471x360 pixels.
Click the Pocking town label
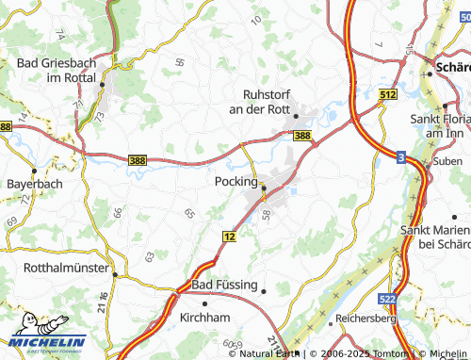[235, 181]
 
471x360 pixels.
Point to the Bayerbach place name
[33, 185]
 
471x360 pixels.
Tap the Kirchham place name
[205, 319]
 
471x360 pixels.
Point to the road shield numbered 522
[412, 298]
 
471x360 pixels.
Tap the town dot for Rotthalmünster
[115, 275]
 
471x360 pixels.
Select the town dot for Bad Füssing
[265, 291]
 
